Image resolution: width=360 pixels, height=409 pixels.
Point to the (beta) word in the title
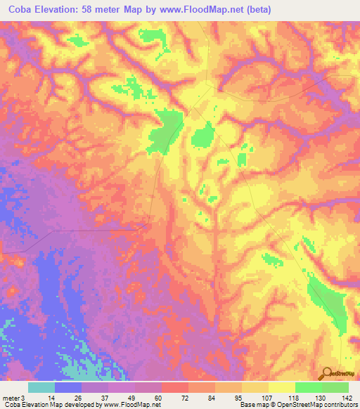coord(256,10)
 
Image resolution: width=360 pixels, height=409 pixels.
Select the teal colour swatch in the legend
coord(41,387)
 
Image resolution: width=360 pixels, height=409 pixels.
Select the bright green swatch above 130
coord(308,387)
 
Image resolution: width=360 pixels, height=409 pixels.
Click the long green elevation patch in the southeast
coord(326,301)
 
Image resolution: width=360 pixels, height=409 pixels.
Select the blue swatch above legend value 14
coord(68,387)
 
